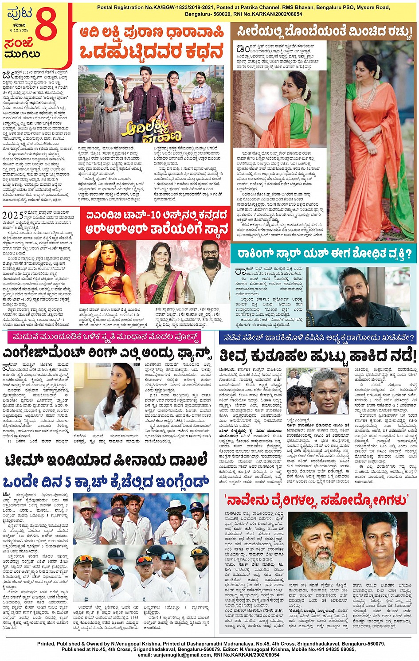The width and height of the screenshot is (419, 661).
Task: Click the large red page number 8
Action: (46, 26)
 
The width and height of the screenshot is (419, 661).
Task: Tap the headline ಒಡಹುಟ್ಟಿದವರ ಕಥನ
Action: (151, 52)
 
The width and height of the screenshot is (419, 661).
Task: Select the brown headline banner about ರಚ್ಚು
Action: (324, 31)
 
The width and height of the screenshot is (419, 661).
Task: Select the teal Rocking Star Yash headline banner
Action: (324, 254)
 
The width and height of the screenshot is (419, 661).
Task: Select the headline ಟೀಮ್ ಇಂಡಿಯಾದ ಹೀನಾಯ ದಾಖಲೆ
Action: (106, 461)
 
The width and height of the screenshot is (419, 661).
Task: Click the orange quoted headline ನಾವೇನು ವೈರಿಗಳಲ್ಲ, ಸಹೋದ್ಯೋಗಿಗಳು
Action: (317, 501)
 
